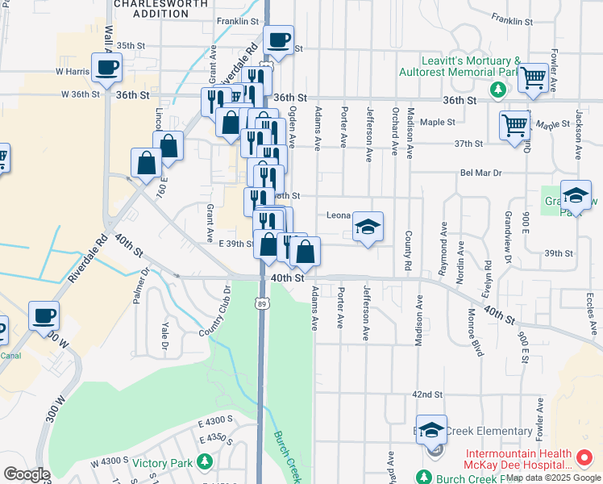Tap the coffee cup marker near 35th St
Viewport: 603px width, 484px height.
[x=279, y=40]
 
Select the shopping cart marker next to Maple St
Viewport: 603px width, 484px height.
[x=514, y=126]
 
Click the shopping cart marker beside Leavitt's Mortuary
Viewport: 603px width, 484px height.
[x=533, y=78]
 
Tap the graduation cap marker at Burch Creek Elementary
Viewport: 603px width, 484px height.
[x=432, y=430]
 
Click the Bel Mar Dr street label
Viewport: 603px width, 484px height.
[x=480, y=173]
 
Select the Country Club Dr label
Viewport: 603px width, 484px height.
[x=216, y=311]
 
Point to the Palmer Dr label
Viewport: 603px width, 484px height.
[x=144, y=287]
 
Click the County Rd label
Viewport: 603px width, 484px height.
[x=408, y=250]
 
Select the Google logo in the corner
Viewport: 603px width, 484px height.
[x=27, y=474]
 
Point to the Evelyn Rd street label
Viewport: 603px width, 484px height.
[x=488, y=277]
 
